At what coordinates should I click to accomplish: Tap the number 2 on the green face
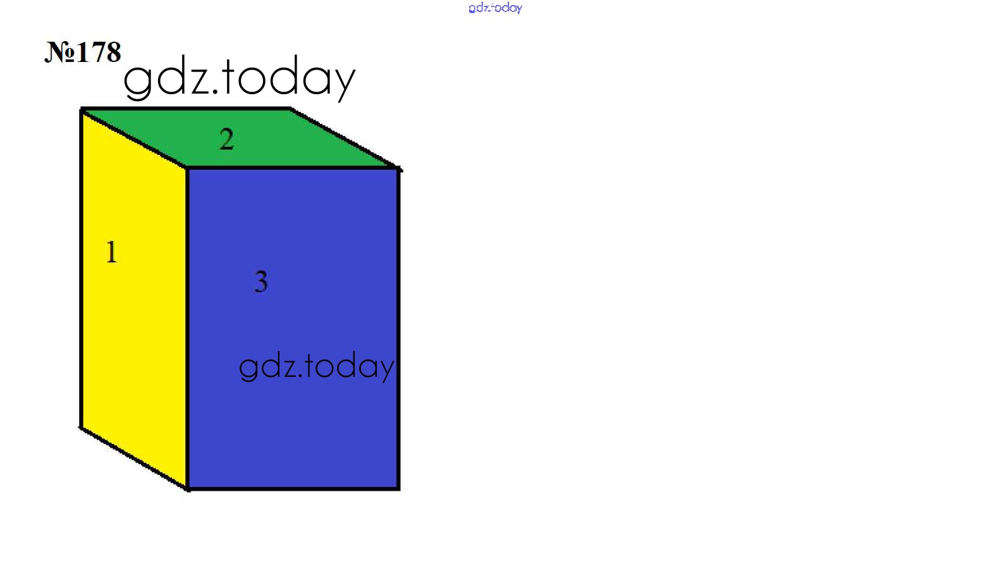(x=227, y=139)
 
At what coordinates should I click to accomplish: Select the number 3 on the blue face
(x=261, y=281)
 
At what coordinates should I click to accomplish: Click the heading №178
(x=83, y=52)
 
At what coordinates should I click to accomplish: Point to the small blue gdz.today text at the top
(x=496, y=8)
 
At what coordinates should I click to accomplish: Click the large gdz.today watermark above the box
(x=239, y=78)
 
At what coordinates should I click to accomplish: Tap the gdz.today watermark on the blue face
(x=316, y=366)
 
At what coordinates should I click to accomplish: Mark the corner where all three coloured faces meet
(x=187, y=168)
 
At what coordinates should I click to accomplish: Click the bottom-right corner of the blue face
(x=399, y=488)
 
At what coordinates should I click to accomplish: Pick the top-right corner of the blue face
(x=399, y=168)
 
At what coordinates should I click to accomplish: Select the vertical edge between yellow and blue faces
(x=187, y=328)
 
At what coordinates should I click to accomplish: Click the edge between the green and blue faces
(x=293, y=168)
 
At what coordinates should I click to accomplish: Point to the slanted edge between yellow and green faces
(x=135, y=139)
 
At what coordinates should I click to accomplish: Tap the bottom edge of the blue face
(x=293, y=488)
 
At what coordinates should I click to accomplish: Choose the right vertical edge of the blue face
(x=399, y=328)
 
